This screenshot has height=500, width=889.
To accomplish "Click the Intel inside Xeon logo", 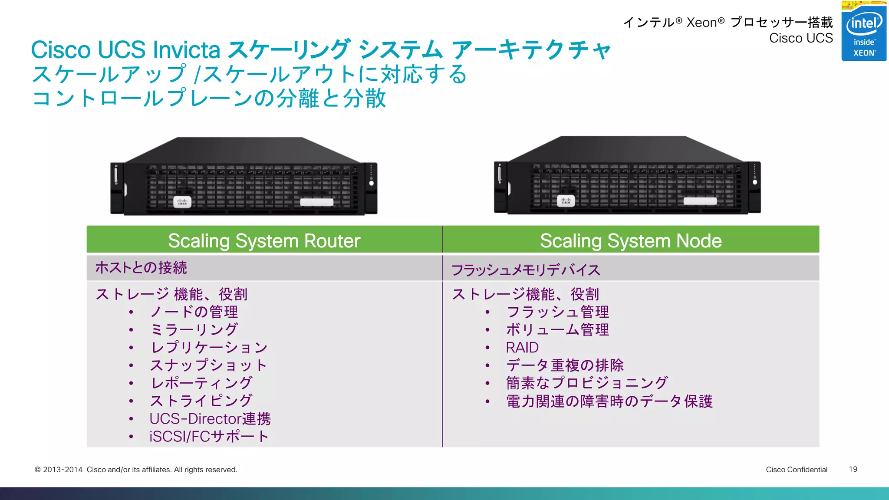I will pyautogui.click(x=863, y=32).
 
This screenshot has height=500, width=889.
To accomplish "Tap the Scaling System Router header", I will pyautogui.click(x=264, y=240).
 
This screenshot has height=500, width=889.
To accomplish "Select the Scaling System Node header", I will pyautogui.click(x=630, y=240).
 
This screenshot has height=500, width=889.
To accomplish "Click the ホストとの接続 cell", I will pyautogui.click(x=141, y=267).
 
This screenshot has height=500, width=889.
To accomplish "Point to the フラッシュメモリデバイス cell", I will pyautogui.click(x=526, y=270).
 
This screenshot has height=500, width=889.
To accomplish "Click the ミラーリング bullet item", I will pyautogui.click(x=194, y=329).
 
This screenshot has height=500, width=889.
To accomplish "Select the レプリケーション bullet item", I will pyautogui.click(x=208, y=347).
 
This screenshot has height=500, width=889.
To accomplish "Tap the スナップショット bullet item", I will pyautogui.click(x=208, y=365).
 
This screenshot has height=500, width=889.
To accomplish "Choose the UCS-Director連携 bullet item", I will pyautogui.click(x=210, y=418).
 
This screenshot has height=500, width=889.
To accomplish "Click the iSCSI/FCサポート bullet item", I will pyautogui.click(x=209, y=436).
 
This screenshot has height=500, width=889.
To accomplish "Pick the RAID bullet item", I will pyautogui.click(x=522, y=347).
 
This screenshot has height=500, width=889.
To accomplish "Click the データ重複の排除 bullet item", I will pyautogui.click(x=565, y=365).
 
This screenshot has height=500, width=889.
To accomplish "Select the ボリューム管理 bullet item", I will pyautogui.click(x=557, y=329).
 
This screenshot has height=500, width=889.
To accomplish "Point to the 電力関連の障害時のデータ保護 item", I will pyautogui.click(x=609, y=401).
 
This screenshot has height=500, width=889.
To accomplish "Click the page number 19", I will pyautogui.click(x=853, y=469).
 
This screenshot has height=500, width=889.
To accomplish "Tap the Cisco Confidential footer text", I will pyautogui.click(x=797, y=469).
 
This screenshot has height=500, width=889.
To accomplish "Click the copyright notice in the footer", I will pyautogui.click(x=136, y=470).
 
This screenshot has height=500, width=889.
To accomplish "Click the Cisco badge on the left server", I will pyautogui.click(x=182, y=202).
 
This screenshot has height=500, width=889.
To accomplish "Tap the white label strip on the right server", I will pyautogui.click(x=700, y=201).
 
